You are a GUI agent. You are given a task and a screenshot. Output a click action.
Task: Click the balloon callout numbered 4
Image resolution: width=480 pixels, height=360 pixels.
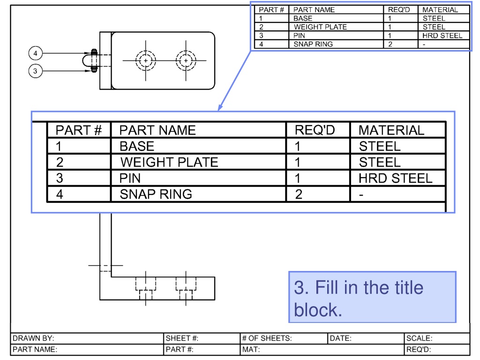(36, 53)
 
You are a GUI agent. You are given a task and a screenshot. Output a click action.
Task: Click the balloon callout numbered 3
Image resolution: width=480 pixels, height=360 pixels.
(36, 71)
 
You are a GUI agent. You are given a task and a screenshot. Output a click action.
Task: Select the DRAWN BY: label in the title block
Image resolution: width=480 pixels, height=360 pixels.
(33, 338)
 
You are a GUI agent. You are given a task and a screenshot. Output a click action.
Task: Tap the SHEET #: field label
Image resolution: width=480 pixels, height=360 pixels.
(182, 338)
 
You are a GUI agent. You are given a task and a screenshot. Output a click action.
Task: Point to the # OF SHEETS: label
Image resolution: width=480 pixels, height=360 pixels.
(267, 338)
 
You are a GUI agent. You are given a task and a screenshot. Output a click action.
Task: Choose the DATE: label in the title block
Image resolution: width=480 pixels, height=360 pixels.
(340, 338)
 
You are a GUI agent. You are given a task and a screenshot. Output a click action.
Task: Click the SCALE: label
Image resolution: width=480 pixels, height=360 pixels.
(419, 338)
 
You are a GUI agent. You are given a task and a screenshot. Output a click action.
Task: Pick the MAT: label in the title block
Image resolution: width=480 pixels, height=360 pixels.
(251, 349)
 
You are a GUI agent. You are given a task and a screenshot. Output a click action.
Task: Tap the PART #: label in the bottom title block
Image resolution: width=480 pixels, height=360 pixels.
(180, 349)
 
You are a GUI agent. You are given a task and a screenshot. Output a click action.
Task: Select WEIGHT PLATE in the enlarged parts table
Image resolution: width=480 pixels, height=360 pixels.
(169, 162)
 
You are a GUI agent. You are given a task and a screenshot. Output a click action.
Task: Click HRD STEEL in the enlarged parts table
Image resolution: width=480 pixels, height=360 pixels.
(395, 178)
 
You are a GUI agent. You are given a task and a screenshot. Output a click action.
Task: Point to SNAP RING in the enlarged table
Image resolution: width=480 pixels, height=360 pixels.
(156, 194)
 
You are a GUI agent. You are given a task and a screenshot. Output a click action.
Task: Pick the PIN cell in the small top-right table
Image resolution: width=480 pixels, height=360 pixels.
(299, 36)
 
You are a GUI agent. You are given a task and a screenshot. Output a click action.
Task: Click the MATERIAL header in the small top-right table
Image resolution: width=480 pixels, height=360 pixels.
(440, 10)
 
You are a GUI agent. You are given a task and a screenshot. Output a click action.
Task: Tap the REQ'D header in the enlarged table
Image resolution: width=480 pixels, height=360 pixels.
(315, 130)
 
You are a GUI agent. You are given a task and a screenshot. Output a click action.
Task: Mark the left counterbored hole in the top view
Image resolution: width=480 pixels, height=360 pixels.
(146, 60)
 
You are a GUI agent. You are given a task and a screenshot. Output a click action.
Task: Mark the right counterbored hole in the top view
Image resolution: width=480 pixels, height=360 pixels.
(186, 60)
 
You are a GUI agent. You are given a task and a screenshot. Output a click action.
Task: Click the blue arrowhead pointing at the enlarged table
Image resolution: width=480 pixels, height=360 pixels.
(220, 107)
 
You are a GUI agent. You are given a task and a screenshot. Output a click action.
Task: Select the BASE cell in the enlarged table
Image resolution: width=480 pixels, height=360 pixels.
(137, 146)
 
